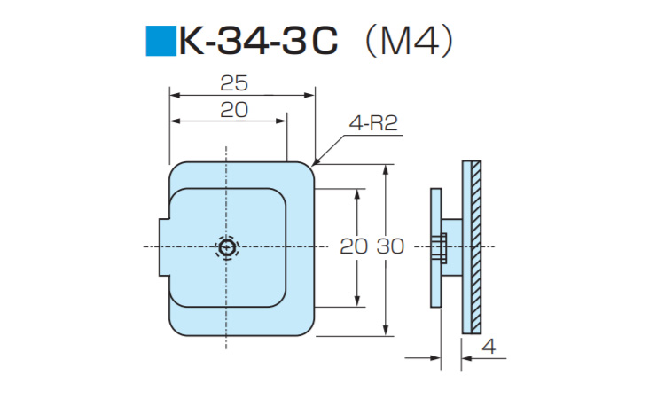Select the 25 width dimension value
click(234, 83)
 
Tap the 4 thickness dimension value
click(489, 347)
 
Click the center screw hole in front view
click(228, 247)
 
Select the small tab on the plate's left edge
click(163, 247)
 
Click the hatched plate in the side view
click(475, 247)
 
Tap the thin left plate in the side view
click(435, 247)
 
